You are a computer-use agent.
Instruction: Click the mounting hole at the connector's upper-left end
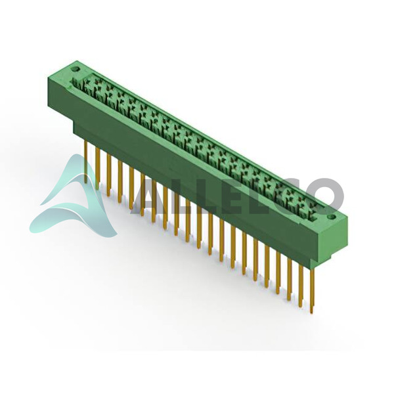coord(76,69)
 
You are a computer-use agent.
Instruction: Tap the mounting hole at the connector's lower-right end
coord(332,217)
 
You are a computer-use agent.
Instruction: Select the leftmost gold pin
coord(86,162)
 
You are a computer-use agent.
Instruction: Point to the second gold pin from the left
coord(97,168)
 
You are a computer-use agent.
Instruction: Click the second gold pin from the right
coord(301,286)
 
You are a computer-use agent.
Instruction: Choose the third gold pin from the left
coord(109,175)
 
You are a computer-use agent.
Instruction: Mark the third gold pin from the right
coord(289,280)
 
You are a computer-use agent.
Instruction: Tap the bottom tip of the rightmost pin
coord(312,313)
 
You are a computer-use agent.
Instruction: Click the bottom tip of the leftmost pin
coord(86,183)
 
